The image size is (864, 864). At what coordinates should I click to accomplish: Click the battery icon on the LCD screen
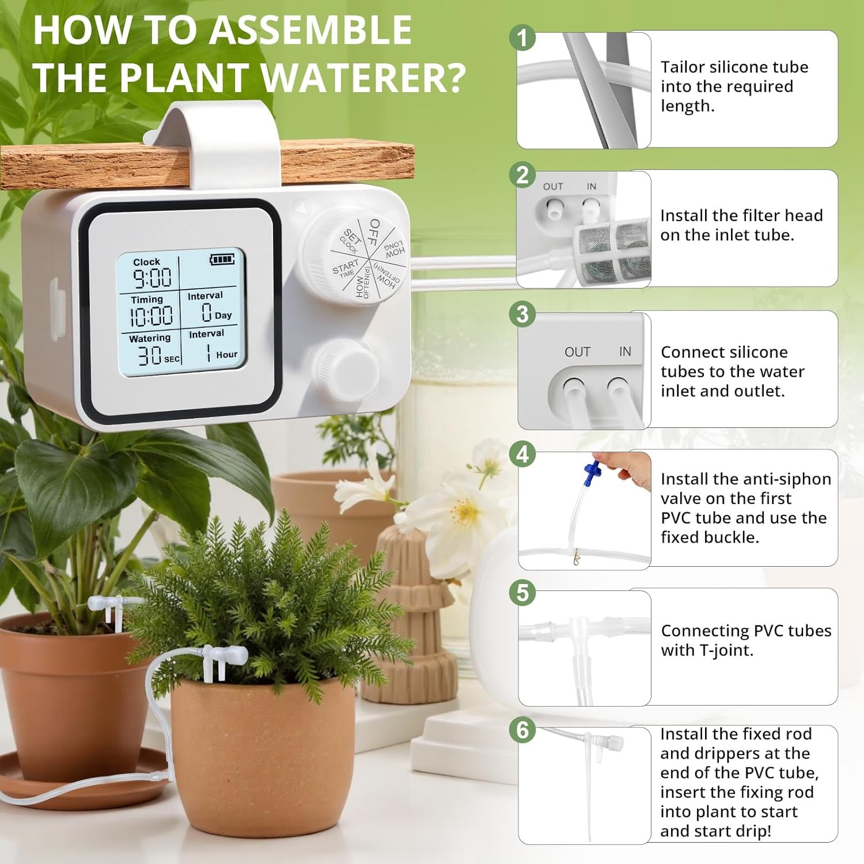(x=222, y=260)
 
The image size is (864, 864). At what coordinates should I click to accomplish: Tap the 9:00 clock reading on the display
(x=152, y=278)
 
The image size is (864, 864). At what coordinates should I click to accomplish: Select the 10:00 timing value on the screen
(x=151, y=316)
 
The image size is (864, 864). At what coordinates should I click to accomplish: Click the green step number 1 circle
(x=522, y=38)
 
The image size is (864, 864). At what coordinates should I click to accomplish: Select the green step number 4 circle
(x=522, y=454)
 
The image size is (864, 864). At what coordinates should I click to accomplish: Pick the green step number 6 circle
(x=522, y=730)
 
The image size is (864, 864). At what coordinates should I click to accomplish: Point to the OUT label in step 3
(x=577, y=352)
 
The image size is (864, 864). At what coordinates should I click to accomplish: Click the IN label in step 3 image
(x=625, y=351)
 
